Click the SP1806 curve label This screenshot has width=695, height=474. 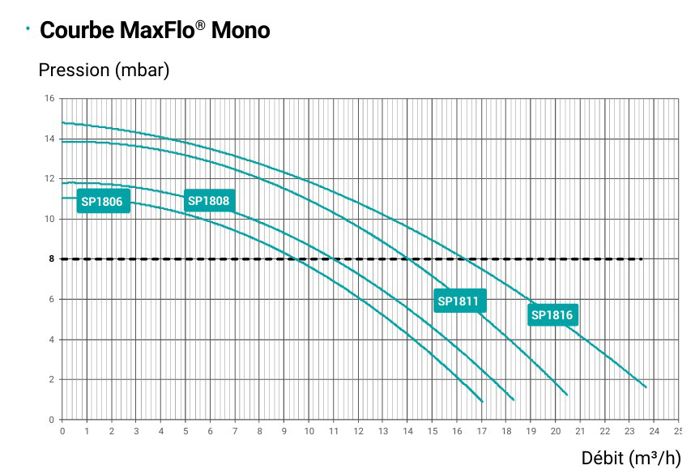(104, 202)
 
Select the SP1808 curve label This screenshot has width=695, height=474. (208, 201)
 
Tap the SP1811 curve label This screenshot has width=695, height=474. (458, 301)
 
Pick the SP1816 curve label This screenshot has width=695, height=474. (552, 315)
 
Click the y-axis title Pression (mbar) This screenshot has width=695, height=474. (104, 70)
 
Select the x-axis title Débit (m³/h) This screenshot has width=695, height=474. (630, 459)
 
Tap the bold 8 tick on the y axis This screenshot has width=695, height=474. (51, 259)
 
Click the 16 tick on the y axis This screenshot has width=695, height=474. (49, 99)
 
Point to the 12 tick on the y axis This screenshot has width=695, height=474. (49, 179)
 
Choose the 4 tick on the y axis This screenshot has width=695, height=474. (51, 339)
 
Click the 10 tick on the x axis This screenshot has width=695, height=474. (309, 431)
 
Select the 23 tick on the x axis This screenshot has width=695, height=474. (629, 431)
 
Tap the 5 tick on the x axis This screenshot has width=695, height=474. (185, 431)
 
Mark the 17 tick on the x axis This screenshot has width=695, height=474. (481, 431)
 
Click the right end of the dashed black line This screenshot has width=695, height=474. (641, 259)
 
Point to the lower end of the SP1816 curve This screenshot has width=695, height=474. (646, 387)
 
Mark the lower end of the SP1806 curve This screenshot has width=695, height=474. (482, 401)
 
